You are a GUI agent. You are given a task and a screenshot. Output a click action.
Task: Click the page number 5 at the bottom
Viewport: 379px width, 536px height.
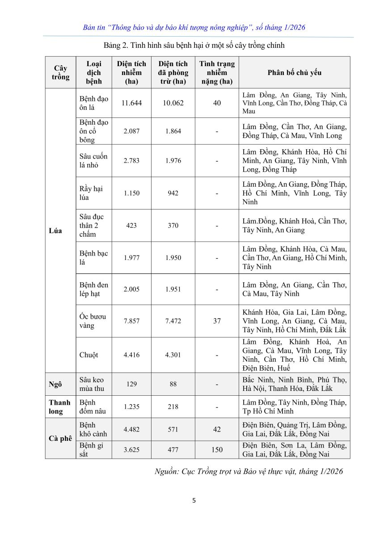click(x=194, y=500)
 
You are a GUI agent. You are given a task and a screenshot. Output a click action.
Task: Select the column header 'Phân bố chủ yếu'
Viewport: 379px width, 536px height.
click(x=294, y=72)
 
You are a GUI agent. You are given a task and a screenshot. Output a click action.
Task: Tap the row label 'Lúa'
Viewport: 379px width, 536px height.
click(x=56, y=231)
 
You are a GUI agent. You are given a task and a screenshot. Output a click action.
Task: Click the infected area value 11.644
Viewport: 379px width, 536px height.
click(x=131, y=103)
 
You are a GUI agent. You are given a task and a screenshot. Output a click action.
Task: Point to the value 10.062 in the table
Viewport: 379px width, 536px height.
click(x=173, y=103)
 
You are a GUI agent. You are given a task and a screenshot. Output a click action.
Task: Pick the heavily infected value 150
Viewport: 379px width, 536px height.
click(x=217, y=450)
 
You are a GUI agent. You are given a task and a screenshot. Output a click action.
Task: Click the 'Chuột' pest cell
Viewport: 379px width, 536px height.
click(x=89, y=355)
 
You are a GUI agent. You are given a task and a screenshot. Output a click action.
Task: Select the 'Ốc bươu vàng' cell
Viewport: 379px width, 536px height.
click(x=93, y=321)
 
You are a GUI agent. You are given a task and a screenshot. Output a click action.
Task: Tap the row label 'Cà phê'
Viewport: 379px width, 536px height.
click(x=60, y=438)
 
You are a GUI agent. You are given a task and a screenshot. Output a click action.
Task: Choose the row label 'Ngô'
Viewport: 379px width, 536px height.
click(x=55, y=385)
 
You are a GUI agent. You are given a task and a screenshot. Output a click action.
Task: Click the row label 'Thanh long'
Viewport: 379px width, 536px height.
click(x=60, y=407)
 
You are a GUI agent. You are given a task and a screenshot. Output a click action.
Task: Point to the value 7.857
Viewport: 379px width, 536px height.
click(x=131, y=321)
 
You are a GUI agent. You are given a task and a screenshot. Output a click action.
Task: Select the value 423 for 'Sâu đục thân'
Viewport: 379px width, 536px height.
click(x=131, y=226)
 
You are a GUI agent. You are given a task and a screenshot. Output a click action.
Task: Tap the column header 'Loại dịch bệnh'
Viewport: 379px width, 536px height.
click(x=94, y=72)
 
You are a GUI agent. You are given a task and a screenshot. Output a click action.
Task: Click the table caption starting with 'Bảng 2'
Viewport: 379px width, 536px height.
click(x=194, y=45)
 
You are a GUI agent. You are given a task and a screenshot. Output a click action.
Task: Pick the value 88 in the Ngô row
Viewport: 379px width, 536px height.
click(x=173, y=384)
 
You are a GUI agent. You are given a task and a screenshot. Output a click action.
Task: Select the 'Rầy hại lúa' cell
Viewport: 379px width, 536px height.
click(x=91, y=193)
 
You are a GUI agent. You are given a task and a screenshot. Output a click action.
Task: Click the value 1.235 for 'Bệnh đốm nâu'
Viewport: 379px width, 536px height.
click(x=131, y=407)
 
